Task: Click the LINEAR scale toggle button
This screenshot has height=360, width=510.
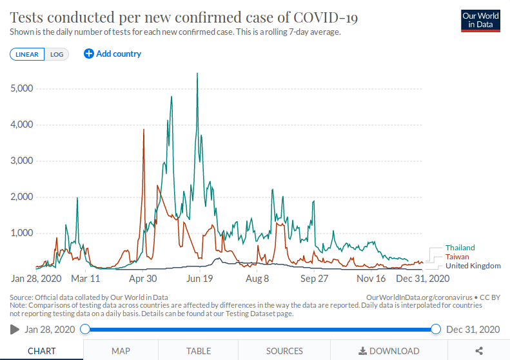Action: pos(27,54)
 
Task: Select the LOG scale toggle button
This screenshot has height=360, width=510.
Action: pos(57,54)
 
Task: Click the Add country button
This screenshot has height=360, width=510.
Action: pos(113,54)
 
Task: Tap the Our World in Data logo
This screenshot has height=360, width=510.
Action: pos(481,20)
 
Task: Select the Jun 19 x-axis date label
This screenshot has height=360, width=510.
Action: pos(199,279)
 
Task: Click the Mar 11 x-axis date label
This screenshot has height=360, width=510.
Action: pos(85,279)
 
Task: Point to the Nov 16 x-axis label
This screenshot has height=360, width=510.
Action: pos(371,279)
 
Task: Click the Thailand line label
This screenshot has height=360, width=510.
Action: pos(460,248)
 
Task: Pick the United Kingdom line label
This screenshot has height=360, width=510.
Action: pos(473,266)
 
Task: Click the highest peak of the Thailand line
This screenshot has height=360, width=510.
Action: pos(197,74)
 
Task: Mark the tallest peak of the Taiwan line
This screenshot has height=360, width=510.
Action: pos(144,130)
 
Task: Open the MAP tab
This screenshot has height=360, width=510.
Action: pos(121,351)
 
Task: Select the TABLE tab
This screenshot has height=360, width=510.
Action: pos(199,351)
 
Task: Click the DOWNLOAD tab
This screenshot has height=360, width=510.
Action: pos(389,351)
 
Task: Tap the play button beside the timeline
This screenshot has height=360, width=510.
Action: pos(15,329)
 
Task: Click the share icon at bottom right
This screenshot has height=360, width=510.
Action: pos(479,351)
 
